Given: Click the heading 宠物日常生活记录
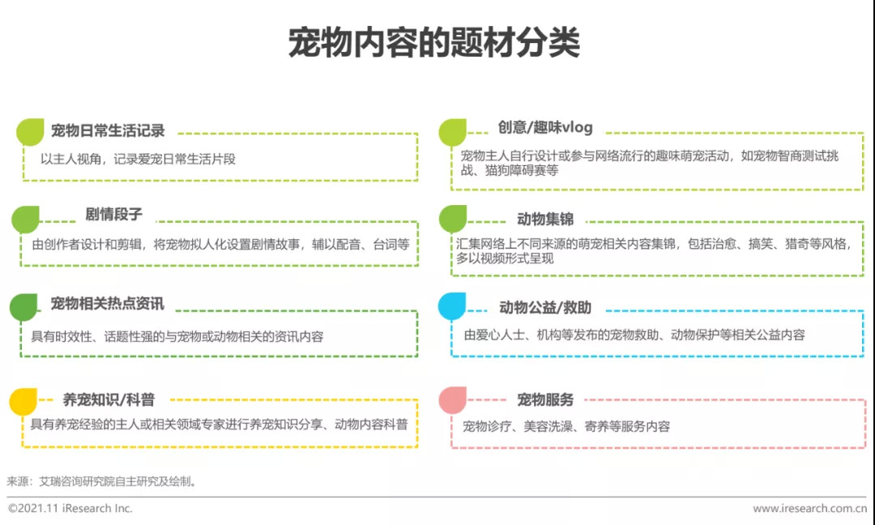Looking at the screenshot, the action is [108, 131].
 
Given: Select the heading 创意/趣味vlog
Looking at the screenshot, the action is [545, 128].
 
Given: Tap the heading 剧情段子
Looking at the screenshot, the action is [113, 215].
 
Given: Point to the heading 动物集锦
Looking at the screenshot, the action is [545, 219].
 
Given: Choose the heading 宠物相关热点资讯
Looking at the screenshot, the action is [107, 304].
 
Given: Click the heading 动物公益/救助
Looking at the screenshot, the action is [545, 308].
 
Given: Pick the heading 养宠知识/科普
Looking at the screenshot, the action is [109, 399].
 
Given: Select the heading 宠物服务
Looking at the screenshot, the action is [545, 399].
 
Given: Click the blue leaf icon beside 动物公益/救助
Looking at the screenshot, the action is [452, 307].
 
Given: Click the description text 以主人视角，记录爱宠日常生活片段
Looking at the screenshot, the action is [138, 160].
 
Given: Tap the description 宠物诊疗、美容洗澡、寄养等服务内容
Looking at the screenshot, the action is [566, 426].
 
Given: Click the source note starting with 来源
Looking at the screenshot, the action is [102, 481].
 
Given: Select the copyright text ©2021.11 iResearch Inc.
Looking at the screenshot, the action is [70, 509].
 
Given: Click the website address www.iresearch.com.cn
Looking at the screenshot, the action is [809, 509].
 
